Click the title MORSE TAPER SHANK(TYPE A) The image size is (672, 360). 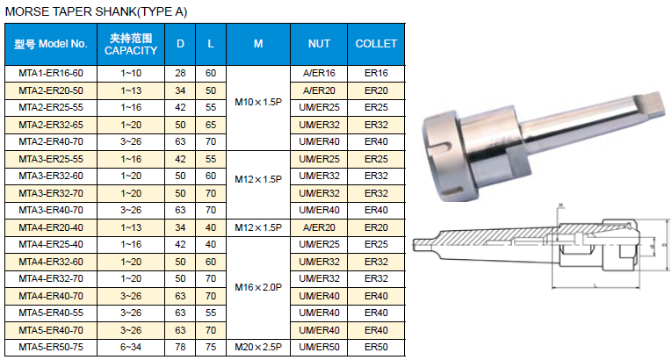coord(96,11)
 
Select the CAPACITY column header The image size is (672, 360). coord(131,44)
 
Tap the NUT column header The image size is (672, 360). coord(319,44)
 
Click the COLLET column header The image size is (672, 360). coord(376,44)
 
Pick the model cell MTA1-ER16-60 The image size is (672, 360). coord(51,73)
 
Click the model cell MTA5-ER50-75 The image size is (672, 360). coord(51,347)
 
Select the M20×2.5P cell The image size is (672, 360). coord(258,347)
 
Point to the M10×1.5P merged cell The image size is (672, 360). coord(258,103)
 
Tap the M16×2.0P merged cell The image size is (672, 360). coord(258,287)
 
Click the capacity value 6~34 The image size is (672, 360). coord(131,347)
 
